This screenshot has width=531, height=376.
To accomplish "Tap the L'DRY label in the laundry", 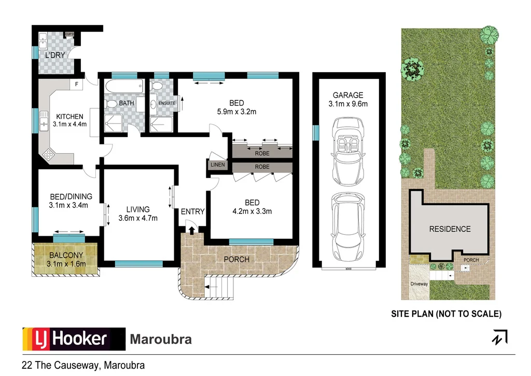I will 54,55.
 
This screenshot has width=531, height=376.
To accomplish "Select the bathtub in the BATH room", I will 123,86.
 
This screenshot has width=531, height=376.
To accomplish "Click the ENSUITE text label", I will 166,103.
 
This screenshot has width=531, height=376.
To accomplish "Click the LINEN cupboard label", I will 217,165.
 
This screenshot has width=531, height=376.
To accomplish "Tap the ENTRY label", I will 192,211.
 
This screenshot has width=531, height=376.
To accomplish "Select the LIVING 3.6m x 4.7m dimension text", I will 138,218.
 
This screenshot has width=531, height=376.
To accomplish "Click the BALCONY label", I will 66,255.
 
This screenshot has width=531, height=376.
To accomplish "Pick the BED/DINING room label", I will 71,196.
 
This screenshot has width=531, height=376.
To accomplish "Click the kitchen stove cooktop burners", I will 49,154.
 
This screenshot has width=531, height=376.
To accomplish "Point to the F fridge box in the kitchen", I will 77,84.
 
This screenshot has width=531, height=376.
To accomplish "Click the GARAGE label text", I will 348,95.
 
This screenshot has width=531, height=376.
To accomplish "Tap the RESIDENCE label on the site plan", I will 450,229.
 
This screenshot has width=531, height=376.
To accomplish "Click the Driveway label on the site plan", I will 419,284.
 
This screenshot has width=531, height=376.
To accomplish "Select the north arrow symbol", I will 500,337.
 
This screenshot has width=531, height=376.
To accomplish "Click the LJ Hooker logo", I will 73,339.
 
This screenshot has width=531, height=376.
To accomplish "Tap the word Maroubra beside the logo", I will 160,340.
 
